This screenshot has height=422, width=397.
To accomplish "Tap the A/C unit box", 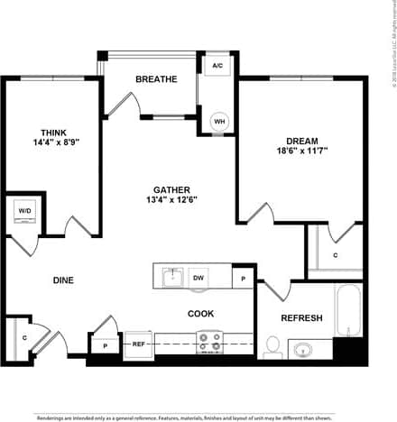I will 217,66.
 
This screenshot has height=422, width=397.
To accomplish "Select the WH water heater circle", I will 219,122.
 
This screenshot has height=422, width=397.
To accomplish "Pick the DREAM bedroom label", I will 301,141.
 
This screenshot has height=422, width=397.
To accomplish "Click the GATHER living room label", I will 171,189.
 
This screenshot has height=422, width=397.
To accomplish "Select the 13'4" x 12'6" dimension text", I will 171,199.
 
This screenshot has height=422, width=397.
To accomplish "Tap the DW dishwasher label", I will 198,279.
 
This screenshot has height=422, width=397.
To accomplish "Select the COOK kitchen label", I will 200,314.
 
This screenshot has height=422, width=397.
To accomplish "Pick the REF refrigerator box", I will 139,344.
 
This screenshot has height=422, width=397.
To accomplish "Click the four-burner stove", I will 209,343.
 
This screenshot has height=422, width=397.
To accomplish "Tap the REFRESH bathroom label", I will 301,318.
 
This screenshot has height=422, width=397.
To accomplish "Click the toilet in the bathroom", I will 272,344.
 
